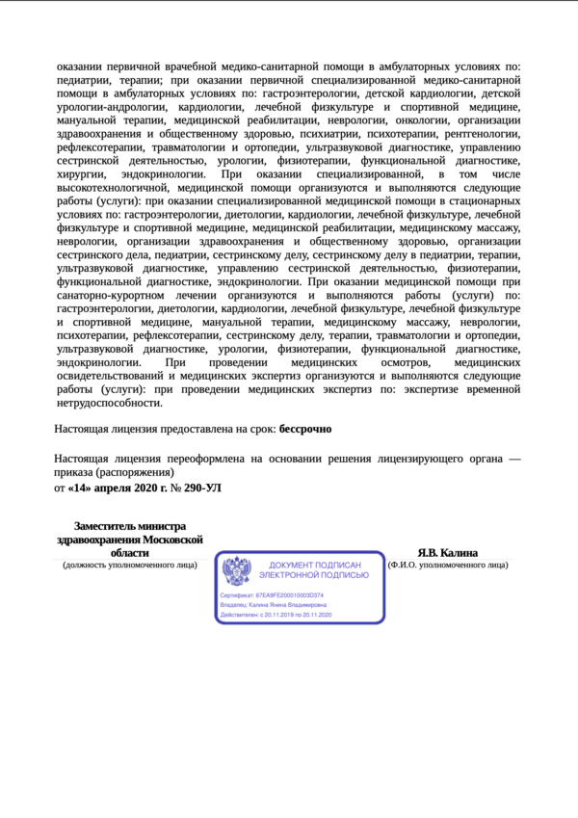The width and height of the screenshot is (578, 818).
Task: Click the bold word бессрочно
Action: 305,428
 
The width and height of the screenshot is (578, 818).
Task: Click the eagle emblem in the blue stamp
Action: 237,572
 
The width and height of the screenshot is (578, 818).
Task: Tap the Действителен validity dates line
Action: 276,614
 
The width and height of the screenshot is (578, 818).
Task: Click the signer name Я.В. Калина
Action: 447,553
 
